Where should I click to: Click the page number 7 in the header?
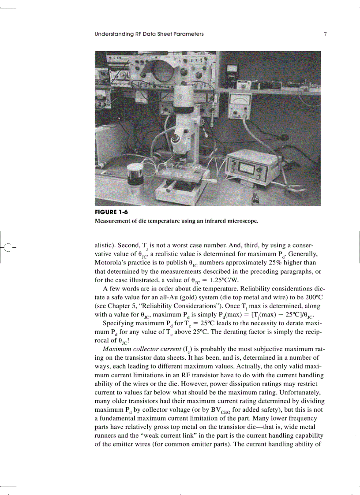click(x=325, y=34)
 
